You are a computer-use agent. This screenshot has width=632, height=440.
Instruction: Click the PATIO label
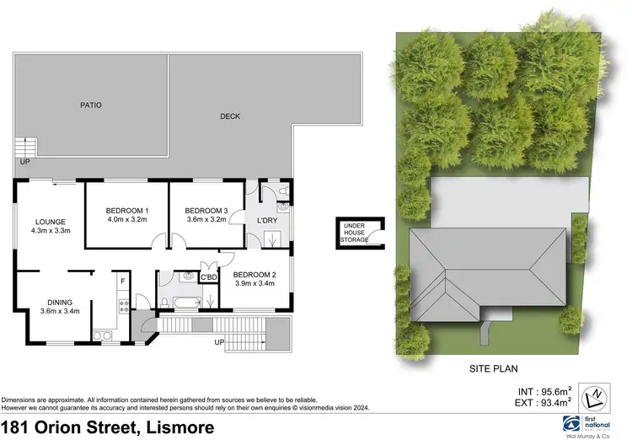point(91,105)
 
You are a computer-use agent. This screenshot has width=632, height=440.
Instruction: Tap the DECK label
point(230,116)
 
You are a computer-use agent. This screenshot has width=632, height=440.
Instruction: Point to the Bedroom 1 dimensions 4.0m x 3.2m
point(126,219)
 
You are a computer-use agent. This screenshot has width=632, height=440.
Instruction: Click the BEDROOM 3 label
point(206,210)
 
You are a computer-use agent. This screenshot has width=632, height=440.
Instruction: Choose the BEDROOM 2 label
point(254,275)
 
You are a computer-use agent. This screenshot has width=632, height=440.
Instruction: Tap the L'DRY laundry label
point(267,221)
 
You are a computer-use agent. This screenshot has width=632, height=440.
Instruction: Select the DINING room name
point(60,302)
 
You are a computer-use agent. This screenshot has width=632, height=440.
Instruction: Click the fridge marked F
point(122,281)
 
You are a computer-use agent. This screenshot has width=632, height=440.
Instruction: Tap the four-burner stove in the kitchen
point(123,306)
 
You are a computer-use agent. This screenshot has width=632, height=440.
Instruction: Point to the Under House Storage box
point(355,232)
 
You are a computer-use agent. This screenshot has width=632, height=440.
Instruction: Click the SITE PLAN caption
point(493,368)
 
